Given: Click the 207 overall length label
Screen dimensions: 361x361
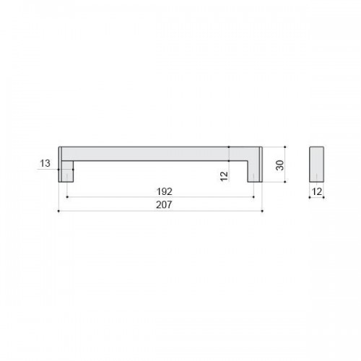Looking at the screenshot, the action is pos(164,205).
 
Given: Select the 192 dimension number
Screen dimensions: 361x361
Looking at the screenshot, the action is pos(165,191).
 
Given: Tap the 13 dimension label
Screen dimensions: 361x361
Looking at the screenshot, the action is pos(45,163).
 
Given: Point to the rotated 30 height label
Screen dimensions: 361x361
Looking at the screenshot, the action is pos(280,165).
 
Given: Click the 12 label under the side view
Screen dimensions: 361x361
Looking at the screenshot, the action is pos(317,191).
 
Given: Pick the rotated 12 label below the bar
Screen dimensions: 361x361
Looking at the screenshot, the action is pos(224,176).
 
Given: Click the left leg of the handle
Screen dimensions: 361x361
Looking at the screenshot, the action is pos(66,171).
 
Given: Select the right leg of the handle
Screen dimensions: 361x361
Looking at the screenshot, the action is pos(255,171).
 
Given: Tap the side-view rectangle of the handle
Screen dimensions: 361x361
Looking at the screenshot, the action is pos(316,164).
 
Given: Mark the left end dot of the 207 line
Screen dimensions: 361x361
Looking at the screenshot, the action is pos(58,211).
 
